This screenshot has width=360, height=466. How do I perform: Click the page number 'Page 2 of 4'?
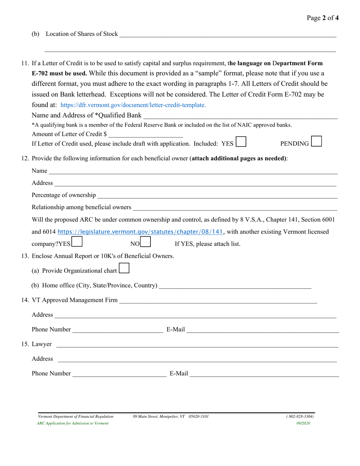(323, 18)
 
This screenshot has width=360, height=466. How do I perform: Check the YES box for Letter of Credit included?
(241, 142)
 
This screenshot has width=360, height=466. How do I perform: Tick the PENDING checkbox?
(316, 141)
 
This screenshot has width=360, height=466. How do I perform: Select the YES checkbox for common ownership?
(77, 242)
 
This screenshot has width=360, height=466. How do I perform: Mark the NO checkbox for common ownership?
(146, 242)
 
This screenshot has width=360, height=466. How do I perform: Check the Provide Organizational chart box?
(124, 269)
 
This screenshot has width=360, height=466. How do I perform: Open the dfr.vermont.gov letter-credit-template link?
(133, 105)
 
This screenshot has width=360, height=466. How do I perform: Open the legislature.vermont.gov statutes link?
(140, 231)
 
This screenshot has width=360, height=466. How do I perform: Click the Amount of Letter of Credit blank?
(146, 134)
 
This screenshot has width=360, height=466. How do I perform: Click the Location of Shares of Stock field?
(227, 34)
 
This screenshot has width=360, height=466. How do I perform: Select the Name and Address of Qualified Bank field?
(240, 116)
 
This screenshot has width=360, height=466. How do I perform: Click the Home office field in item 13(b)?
(235, 285)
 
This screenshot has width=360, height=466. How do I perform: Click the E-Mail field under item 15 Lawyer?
(264, 374)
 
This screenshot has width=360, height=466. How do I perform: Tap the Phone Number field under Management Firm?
(117, 330)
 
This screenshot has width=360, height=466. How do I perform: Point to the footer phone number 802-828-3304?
(300, 416)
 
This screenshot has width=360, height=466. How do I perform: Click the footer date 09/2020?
(303, 423)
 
